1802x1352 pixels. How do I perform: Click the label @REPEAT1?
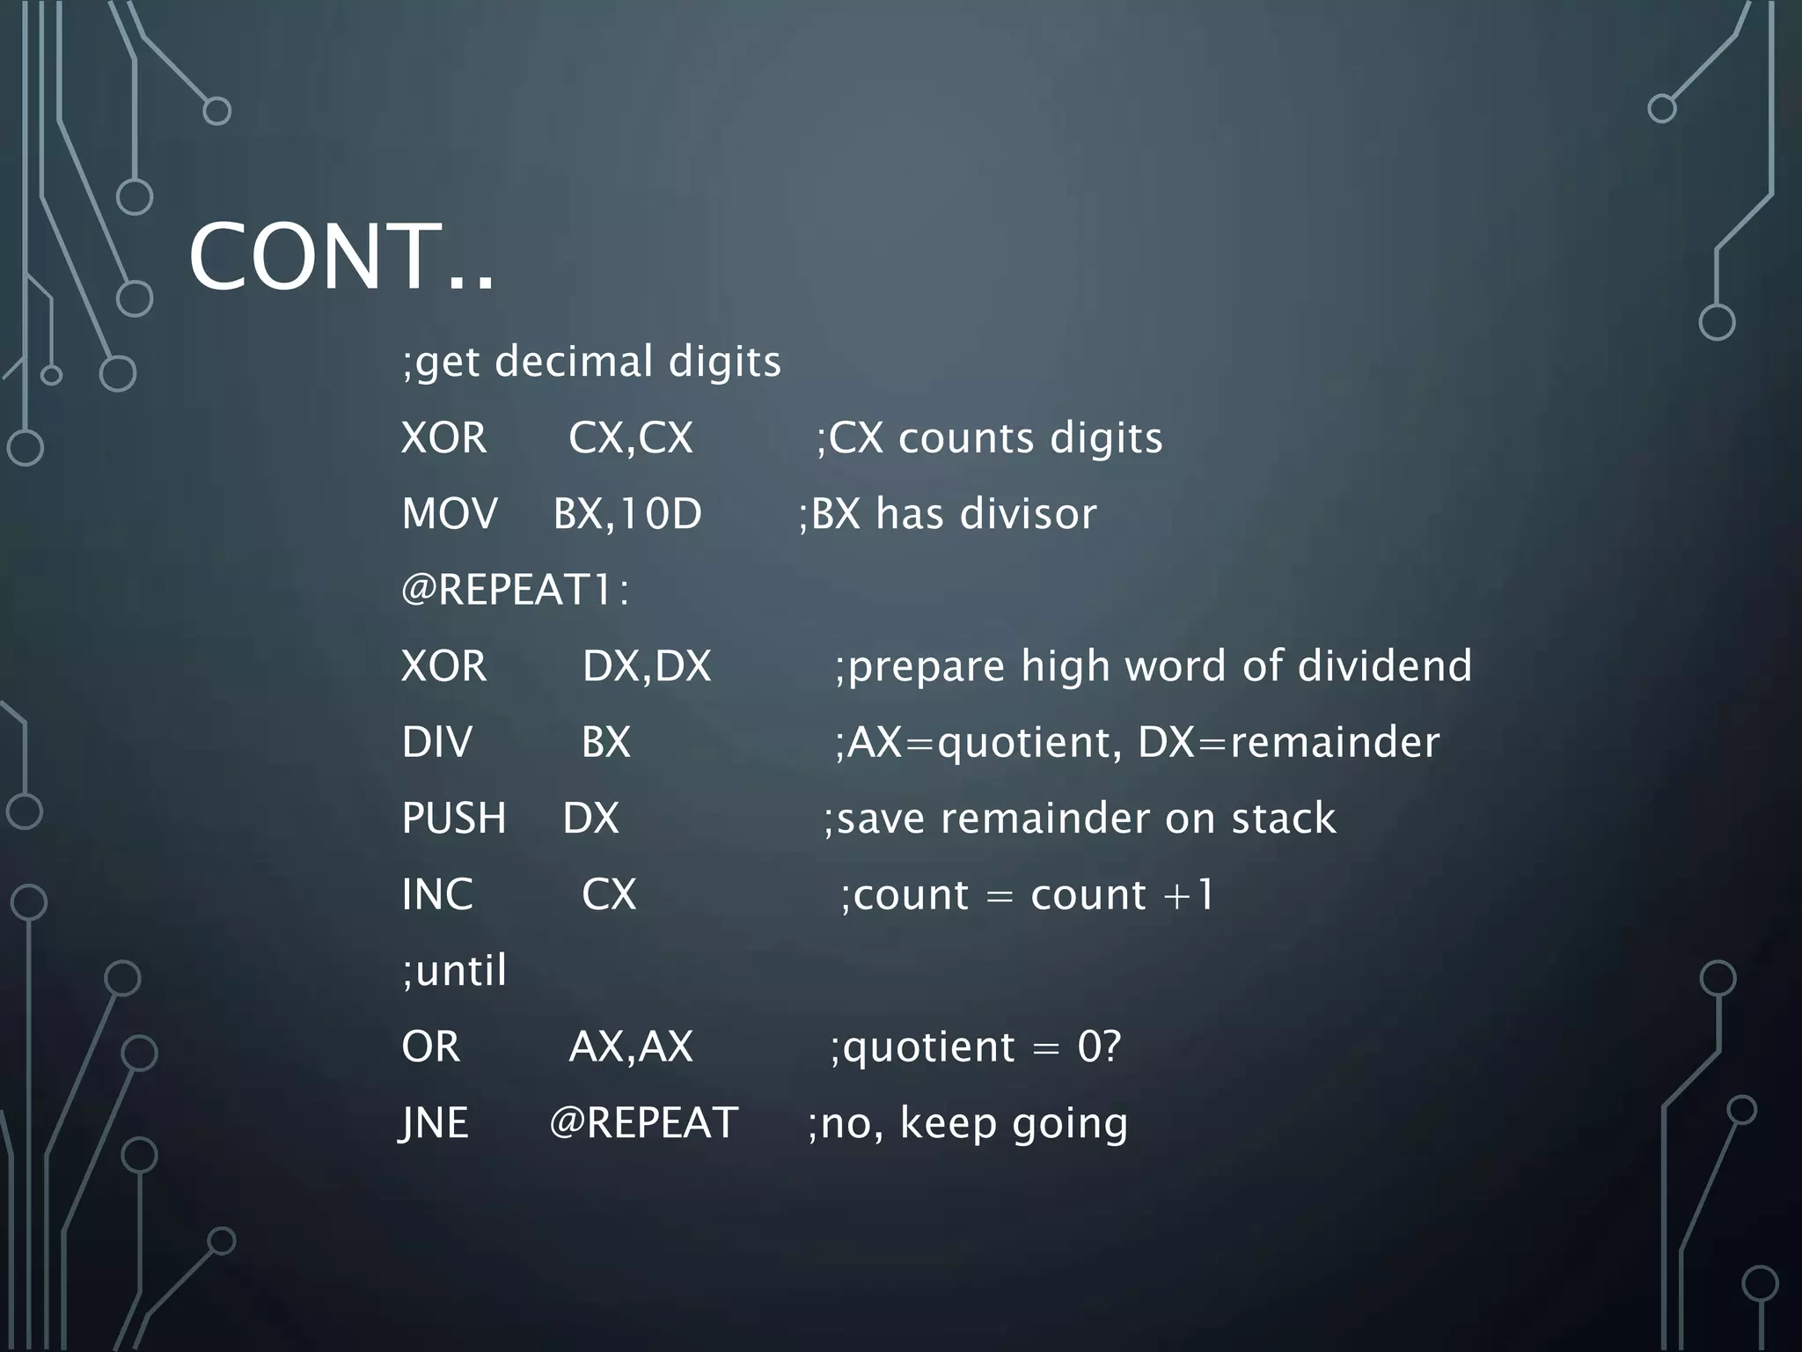pyautogui.click(x=516, y=590)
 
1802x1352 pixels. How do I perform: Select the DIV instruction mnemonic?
pyautogui.click(x=436, y=742)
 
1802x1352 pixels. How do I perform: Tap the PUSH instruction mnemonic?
pyautogui.click(x=453, y=819)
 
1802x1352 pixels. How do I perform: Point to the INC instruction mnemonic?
pyautogui.click(x=436, y=894)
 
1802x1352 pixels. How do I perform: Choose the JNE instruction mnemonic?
pyautogui.click(x=434, y=1123)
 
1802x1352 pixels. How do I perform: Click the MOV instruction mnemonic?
pyautogui.click(x=449, y=514)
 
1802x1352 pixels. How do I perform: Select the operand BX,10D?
pyautogui.click(x=627, y=514)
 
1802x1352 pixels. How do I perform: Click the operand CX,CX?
pyautogui.click(x=630, y=438)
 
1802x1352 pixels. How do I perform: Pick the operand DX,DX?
pyautogui.click(x=646, y=666)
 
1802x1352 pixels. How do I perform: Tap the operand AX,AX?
pyautogui.click(x=630, y=1047)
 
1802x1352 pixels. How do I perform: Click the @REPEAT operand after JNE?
pyautogui.click(x=643, y=1123)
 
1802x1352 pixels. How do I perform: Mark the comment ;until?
pyautogui.click(x=454, y=971)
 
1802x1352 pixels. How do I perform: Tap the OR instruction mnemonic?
pyautogui.click(x=430, y=1047)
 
